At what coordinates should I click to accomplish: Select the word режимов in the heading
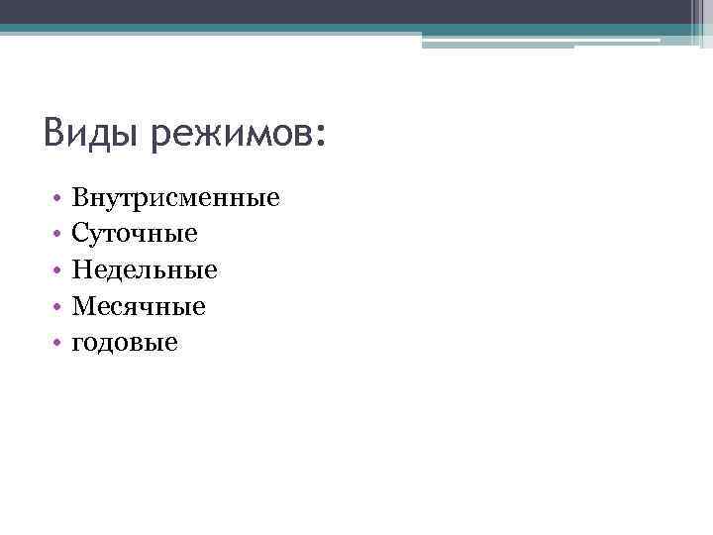pos(229,134)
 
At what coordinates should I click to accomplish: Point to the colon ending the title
pos(317,136)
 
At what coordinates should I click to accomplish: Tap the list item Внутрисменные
pos(176,198)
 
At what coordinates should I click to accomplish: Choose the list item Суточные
pos(135,234)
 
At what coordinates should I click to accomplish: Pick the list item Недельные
pos(145,269)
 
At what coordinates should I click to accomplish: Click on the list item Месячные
pos(139,306)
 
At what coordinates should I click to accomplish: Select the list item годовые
pos(125,343)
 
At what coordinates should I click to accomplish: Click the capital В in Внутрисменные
pos(80,198)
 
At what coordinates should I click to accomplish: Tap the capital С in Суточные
pos(80,234)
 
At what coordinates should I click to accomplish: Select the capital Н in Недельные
pos(81,269)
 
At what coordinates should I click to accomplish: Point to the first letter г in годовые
pos(77,344)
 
